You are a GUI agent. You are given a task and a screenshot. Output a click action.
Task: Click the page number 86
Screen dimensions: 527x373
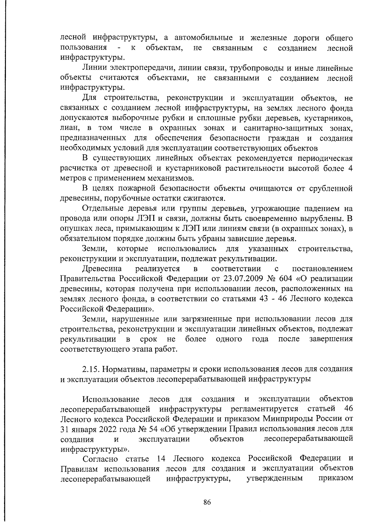pos(207,502)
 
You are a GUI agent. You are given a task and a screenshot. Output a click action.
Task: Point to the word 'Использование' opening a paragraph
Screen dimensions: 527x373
pos(111,398)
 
